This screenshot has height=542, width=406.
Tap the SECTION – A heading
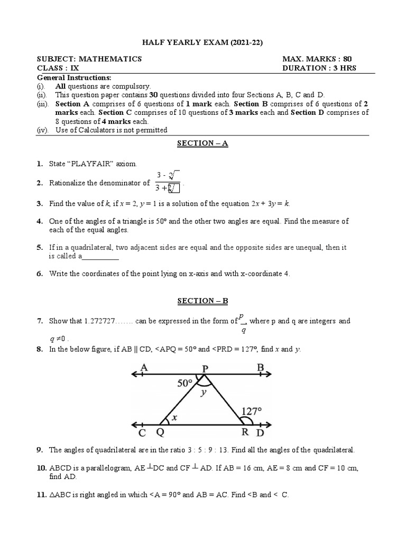203,143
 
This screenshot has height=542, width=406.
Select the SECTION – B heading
203,301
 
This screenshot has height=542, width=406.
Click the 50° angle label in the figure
184,383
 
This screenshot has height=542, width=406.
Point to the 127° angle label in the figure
252,411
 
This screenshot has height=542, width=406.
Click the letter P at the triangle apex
203,367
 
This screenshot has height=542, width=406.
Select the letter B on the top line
260,367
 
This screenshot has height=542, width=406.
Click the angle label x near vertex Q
174,417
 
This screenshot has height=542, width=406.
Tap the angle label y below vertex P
202,393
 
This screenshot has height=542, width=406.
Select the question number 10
41,468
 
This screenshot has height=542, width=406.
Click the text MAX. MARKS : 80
317,59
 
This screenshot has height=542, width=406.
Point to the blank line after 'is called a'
100,256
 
